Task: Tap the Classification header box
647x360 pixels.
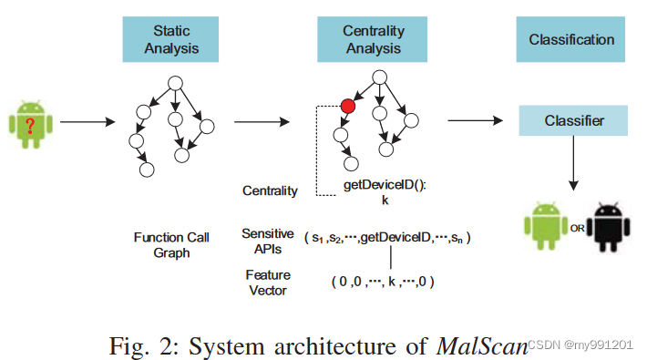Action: [x=571, y=40]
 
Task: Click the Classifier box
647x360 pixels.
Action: [x=573, y=120]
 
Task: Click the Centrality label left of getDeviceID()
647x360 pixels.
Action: [x=269, y=190]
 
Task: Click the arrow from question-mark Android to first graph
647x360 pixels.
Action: [x=86, y=122]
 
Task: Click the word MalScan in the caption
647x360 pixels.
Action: [x=483, y=345]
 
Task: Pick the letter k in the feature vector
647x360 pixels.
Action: [x=394, y=283]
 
